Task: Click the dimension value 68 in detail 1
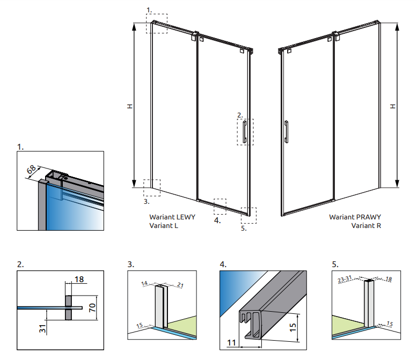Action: pos(32,171)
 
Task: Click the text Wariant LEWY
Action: pos(172,217)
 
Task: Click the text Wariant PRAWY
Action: pos(355,217)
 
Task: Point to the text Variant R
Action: pos(366,226)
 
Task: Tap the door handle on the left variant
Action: pos(245,132)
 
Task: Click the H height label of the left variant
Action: pos(129,107)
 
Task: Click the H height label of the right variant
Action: pos(393,106)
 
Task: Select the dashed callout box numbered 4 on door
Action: pos(220,206)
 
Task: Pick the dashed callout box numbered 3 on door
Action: pos(152,187)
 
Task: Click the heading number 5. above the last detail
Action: pos(335,265)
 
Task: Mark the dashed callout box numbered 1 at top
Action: pos(157,24)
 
